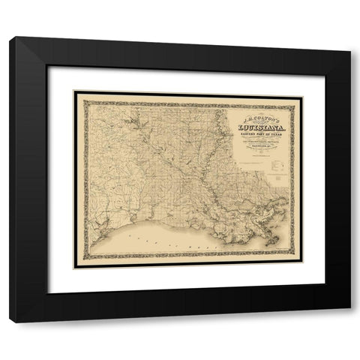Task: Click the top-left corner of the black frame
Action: pyautogui.click(x=10, y=37)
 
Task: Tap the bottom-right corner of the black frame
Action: pyautogui.click(x=350, y=322)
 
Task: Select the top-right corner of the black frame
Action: pyautogui.click(x=350, y=37)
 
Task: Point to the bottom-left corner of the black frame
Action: pyautogui.click(x=10, y=322)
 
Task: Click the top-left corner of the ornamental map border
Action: pyautogui.click(x=74, y=91)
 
